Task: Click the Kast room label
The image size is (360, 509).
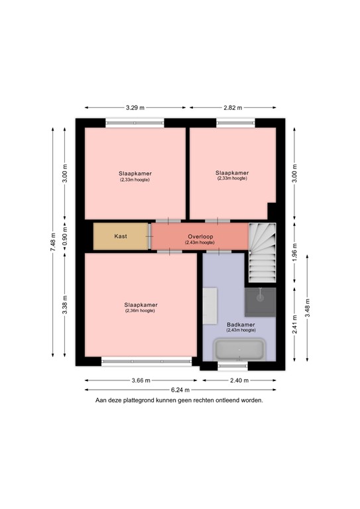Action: (121, 236)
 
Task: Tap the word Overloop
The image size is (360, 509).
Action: (200, 235)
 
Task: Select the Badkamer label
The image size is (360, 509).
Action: (239, 324)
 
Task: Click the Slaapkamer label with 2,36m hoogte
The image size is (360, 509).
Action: (140, 305)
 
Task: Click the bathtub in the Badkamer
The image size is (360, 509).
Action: (239, 349)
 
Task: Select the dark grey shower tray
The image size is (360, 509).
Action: (259, 302)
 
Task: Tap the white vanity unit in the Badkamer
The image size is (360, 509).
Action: (211, 306)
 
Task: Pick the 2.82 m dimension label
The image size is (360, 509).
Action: (232, 107)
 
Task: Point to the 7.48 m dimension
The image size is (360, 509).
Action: (53, 242)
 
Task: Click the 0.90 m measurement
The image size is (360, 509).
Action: (64, 236)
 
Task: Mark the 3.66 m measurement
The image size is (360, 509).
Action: (141, 380)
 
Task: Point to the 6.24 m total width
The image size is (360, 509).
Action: (180, 390)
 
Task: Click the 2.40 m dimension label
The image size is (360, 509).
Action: (239, 380)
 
